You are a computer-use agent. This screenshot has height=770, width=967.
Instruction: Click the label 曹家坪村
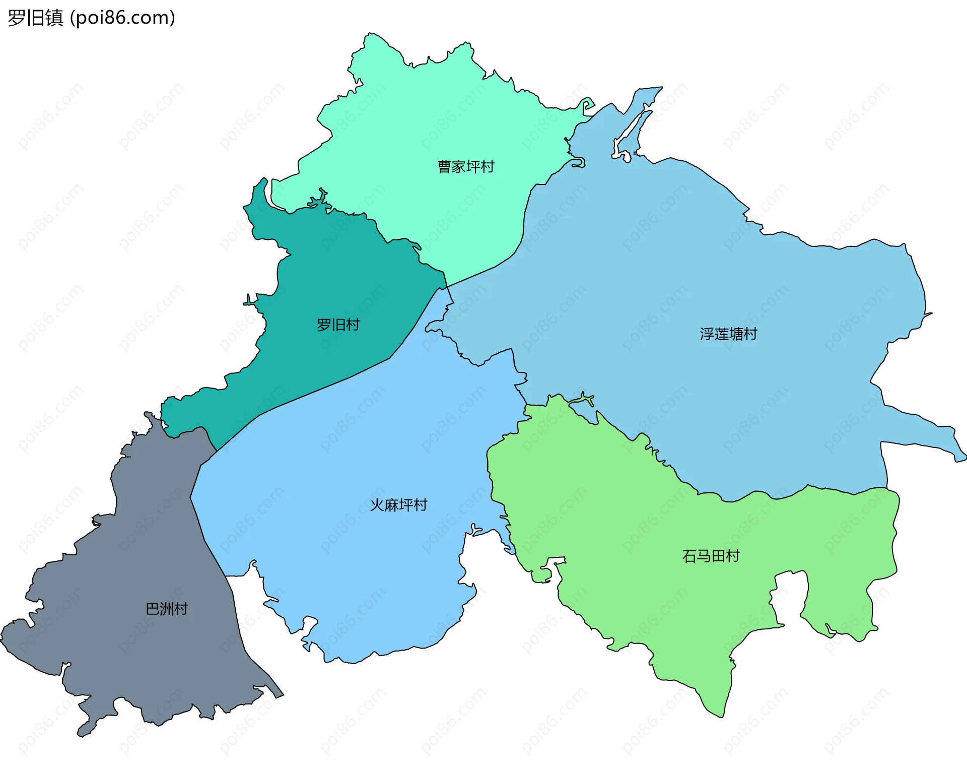point(465,167)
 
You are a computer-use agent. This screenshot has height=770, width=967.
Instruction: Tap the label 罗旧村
point(338,325)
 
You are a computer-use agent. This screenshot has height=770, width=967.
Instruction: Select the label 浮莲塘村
point(728,334)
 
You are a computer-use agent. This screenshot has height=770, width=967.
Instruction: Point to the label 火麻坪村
point(398,505)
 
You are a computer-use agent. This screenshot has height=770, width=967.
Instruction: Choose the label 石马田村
point(711,556)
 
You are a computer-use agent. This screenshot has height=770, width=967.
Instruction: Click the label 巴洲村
point(166,609)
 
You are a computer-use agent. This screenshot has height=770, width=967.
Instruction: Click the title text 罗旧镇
point(35,18)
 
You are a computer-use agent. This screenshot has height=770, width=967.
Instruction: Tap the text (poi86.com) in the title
point(122,18)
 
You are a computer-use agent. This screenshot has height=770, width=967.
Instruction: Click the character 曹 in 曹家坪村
point(444,167)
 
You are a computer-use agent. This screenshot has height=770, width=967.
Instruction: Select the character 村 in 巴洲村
point(181,609)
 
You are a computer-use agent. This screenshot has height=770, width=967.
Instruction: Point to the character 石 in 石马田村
point(689,556)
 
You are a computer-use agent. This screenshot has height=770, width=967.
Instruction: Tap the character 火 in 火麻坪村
point(377,505)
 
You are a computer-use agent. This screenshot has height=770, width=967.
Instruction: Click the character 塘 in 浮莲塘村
point(736,334)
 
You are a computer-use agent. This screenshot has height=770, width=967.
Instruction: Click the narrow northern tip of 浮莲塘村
point(655,91)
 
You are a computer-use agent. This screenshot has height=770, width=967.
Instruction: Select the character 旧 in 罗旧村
point(338,325)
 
